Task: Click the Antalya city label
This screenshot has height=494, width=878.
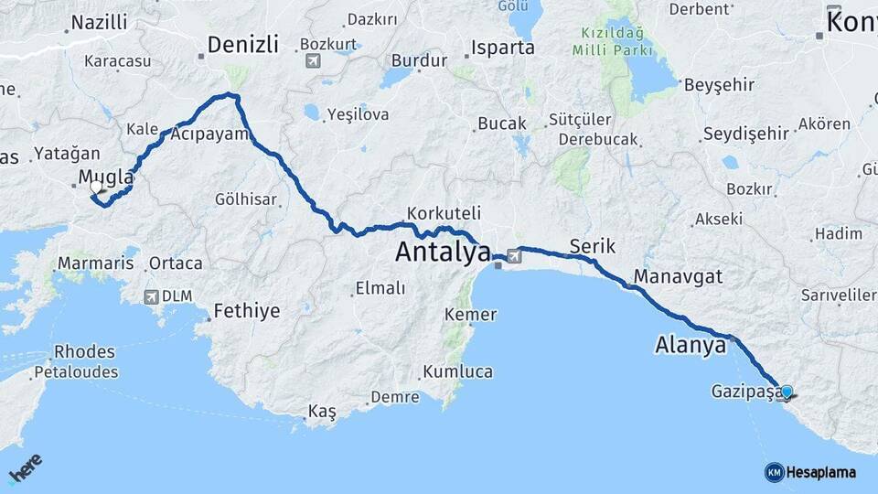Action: point(443,252)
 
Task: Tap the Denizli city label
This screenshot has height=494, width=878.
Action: point(242,45)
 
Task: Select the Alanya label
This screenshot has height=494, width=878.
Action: point(691,345)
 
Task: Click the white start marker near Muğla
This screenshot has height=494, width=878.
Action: point(96,187)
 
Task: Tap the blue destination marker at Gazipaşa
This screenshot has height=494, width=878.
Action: point(787,392)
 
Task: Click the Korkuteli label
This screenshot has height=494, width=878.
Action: point(444,212)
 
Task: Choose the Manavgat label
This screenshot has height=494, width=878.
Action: point(677,275)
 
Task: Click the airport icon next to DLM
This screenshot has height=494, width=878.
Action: point(151,296)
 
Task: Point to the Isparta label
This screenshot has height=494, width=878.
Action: point(503,47)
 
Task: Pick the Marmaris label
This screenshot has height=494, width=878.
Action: point(95,263)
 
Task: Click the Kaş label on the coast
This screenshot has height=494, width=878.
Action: point(322,413)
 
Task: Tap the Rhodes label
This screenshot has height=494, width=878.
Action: point(84,351)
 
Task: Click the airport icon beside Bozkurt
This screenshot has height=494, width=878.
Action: point(314,60)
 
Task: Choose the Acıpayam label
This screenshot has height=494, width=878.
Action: point(209,134)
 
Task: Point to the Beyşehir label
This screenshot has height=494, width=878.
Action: point(720,84)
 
